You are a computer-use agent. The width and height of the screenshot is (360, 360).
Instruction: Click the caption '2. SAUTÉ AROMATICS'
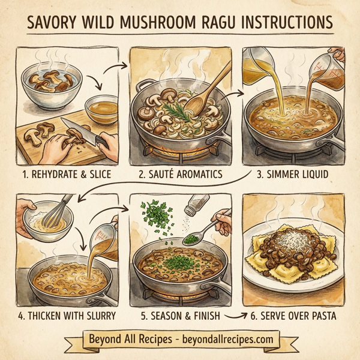[180, 175]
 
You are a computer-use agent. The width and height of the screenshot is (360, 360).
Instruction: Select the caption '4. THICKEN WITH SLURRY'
[68, 314]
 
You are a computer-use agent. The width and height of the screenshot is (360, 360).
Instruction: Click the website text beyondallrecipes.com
[220, 339]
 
